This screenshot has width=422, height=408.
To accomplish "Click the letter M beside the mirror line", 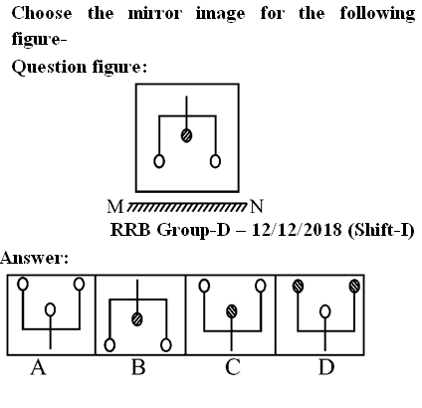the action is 115,207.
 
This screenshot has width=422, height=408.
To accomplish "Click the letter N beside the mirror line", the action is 257,206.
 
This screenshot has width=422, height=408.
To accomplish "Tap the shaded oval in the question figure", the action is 186,135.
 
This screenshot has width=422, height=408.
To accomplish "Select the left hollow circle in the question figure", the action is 159,161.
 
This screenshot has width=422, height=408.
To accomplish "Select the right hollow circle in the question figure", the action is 215,161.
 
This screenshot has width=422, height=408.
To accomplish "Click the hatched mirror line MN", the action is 187,206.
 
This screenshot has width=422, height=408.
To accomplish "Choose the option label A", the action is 38,367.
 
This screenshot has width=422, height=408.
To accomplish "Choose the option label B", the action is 138,367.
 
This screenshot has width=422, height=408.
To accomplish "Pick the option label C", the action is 233,367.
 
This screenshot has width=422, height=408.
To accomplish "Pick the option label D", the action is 326,367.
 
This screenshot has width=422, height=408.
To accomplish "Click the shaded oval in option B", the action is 137,319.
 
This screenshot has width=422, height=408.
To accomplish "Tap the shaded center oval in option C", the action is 232,311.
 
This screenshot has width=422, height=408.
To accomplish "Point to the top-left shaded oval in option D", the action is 299,286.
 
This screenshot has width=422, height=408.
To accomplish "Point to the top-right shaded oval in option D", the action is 354,286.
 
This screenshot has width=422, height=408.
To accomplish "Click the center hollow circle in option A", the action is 50,309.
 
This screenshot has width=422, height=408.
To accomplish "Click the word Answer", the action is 34,258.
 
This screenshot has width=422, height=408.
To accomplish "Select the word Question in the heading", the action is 49,68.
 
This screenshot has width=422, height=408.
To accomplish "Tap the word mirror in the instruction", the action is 155,14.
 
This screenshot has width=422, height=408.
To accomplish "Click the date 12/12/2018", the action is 297,230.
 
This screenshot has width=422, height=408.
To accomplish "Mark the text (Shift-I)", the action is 381,230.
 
